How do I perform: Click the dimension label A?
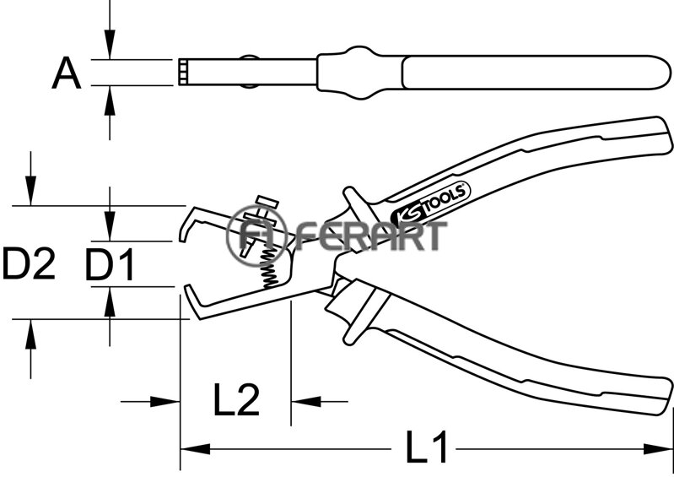(x=67, y=73)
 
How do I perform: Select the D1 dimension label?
(x=110, y=265)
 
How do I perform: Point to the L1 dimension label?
(x=427, y=447)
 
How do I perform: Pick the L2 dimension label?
(x=236, y=399)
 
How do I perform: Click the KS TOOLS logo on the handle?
(x=431, y=203)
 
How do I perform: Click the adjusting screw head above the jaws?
(x=267, y=202)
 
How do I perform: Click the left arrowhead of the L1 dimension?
(x=195, y=449)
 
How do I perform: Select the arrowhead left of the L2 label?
(x=164, y=402)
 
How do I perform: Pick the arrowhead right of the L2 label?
(x=306, y=402)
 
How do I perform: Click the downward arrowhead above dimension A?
(x=110, y=44)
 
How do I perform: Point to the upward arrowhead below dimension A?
(x=110, y=100)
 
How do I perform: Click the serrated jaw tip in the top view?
(x=184, y=72)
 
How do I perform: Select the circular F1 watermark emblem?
(x=256, y=236)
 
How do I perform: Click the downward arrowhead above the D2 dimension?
(x=30, y=191)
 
